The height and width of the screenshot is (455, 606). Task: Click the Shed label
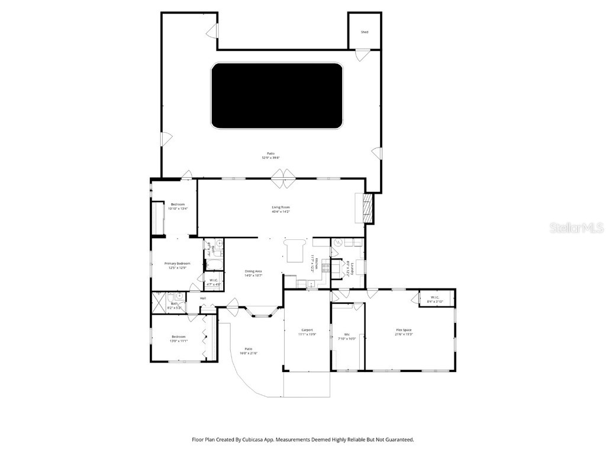pyautogui.click(x=365, y=32)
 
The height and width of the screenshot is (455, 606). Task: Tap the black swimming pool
pyautogui.click(x=277, y=96)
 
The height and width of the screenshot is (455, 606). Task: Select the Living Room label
pyautogui.click(x=281, y=207)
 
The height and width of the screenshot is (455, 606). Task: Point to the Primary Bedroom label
pyautogui.click(x=177, y=263)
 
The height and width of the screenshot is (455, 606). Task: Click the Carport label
pyautogui.click(x=307, y=330)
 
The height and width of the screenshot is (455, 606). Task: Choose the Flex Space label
pyautogui.click(x=404, y=330)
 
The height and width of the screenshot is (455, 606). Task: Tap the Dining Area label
pyautogui.click(x=253, y=271)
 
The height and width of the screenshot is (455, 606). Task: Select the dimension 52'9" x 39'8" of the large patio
pyautogui.click(x=270, y=158)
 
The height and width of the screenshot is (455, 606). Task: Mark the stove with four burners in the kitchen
pyautogui.click(x=326, y=267)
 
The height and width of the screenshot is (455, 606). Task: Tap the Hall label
pyautogui.click(x=202, y=298)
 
